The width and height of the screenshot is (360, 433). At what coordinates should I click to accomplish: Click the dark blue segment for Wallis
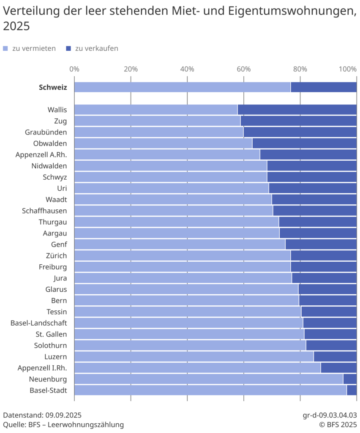pos(297,110)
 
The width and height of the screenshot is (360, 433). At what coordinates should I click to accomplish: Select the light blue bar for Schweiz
pos(182,87)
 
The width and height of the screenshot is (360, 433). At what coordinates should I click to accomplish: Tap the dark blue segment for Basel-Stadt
pos(352,390)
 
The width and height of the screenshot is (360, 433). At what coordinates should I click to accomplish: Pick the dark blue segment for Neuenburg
pos(350,379)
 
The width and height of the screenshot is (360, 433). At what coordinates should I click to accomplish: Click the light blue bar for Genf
pos(180,244)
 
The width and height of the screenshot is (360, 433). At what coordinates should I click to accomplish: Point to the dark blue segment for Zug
pos(298,121)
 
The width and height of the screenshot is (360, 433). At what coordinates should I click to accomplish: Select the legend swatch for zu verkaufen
pos(68,49)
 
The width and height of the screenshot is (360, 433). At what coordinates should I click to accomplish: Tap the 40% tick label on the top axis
pos(187,69)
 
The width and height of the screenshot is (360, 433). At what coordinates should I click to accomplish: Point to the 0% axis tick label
pos(74,69)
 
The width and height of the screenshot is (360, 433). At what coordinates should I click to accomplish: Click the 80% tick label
pos(300,69)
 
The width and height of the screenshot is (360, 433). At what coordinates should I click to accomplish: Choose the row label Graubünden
pos(46,132)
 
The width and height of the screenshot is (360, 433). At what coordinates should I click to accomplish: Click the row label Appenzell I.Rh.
pos(42,368)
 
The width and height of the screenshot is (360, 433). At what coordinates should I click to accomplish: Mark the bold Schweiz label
pos(52,88)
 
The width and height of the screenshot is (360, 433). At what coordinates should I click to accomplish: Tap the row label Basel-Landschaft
pos(38,323)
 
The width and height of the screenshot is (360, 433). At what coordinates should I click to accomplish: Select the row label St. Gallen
pos(51,334)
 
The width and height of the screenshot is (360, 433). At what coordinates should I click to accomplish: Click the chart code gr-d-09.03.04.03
pos(330,414)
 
